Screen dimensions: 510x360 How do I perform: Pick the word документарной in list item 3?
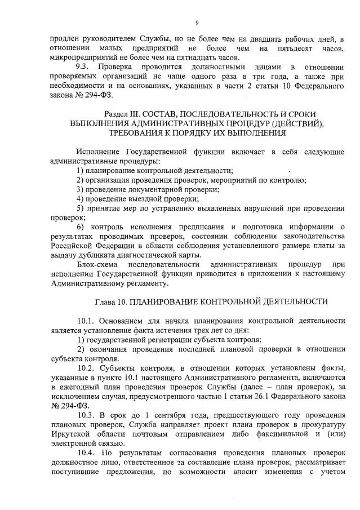pos(152,190)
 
